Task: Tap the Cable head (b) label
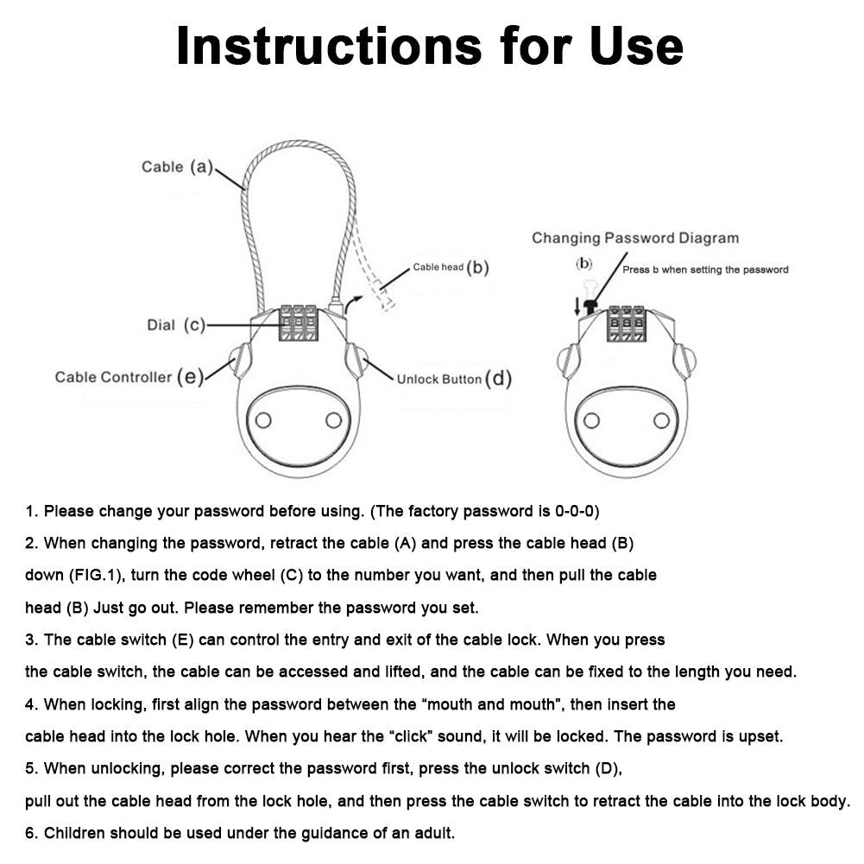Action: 451,268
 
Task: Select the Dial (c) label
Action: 176,325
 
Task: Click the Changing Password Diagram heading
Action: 634,238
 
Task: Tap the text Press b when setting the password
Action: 705,269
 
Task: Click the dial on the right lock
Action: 626,323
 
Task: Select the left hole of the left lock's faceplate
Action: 263,420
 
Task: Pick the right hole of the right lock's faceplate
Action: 662,420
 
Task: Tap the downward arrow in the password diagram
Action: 577,305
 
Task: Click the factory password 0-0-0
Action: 576,511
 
